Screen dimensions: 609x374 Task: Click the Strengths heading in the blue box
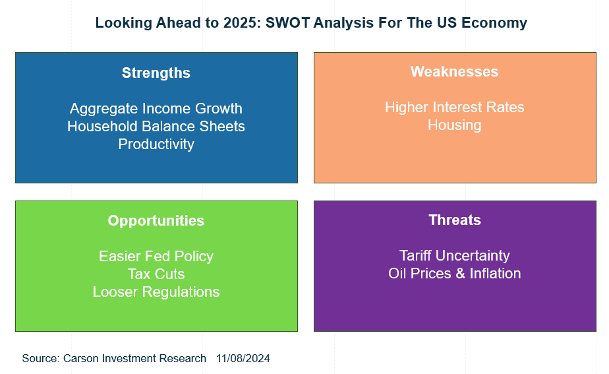click(156, 73)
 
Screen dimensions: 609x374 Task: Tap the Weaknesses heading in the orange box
click(454, 71)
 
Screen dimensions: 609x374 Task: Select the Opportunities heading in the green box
click(156, 221)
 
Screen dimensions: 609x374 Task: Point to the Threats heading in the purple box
click(455, 220)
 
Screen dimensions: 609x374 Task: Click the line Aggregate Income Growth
click(156, 109)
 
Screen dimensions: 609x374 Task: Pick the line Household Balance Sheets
click(156, 127)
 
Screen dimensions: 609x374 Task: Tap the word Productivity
click(156, 144)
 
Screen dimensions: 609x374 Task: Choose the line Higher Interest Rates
click(454, 108)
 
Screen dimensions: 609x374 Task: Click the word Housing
click(454, 125)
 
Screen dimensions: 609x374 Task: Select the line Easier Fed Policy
click(156, 257)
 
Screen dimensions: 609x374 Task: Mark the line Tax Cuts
click(156, 274)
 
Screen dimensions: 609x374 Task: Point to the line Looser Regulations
click(156, 292)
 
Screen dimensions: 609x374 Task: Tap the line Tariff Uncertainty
click(454, 256)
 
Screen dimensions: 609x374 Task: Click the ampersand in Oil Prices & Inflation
click(460, 274)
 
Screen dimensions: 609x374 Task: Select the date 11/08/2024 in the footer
click(243, 358)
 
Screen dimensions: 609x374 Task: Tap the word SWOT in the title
click(287, 23)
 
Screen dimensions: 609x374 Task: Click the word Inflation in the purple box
click(495, 274)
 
